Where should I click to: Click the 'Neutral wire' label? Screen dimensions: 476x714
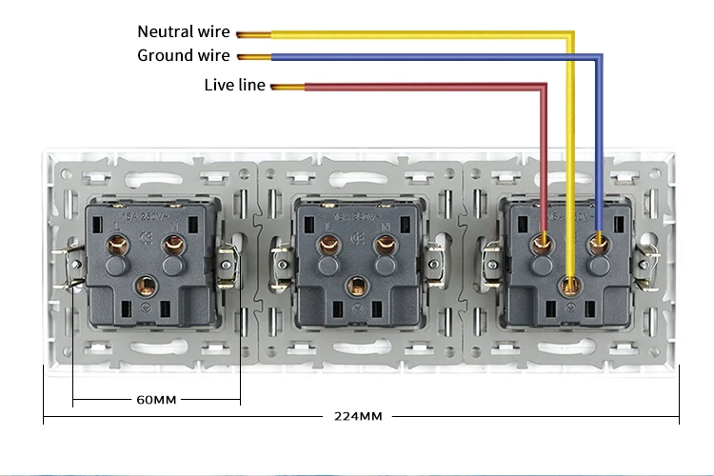coord(184,32)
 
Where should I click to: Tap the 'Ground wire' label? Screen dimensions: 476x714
coord(184,55)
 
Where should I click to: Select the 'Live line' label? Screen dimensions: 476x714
coord(234,85)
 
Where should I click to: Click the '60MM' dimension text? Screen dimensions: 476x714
coord(156,399)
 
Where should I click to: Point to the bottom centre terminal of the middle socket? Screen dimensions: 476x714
coord(357,284)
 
